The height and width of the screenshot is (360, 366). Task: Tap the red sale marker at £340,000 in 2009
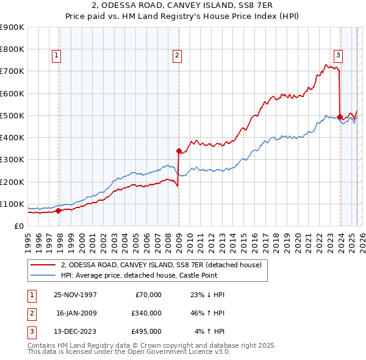pos(179,151)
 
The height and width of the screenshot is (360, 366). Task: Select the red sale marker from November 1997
pos(59,211)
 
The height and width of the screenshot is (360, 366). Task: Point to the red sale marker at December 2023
pos(340,116)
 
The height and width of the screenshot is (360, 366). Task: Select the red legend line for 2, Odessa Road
pos(44,265)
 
